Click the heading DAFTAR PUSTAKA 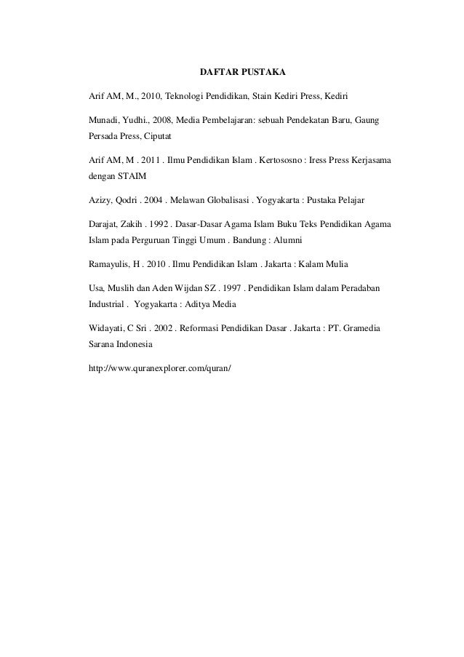pyautogui.click(x=243, y=73)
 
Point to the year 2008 pyautogui.click(x=164, y=118)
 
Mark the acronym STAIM pyautogui.click(x=132, y=177)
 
